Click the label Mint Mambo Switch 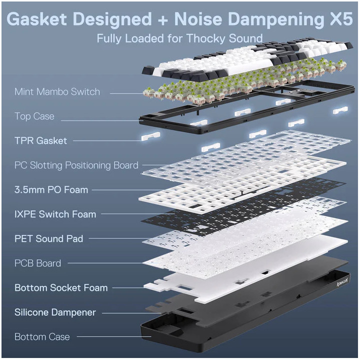[57, 92]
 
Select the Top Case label [34, 116]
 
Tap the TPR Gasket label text [40, 140]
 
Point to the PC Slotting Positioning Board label [76, 165]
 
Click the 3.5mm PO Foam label [51, 190]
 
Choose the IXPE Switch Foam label [55, 214]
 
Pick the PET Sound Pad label [48, 239]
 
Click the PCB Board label [37, 263]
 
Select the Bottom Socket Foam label [61, 288]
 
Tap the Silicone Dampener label [55, 312]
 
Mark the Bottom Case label [42, 337]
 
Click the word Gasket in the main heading [37, 19]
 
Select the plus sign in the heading [163, 20]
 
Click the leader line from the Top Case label [102, 120]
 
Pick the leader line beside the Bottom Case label [114, 337]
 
